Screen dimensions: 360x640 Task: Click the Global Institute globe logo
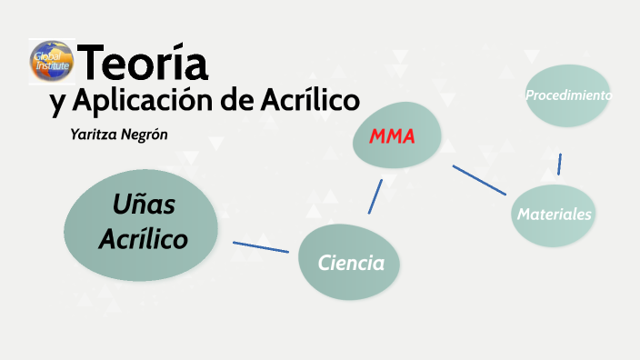51,61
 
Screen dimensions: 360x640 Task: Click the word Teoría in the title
145,63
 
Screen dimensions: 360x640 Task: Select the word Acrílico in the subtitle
311,100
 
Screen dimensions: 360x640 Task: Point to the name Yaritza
94,135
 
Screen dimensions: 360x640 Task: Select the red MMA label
392,137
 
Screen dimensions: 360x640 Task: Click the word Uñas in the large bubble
144,206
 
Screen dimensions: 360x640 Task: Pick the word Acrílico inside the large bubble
143,240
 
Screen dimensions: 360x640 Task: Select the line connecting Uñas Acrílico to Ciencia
261,246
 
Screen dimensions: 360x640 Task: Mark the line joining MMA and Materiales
479,179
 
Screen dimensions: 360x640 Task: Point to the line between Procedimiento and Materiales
559,165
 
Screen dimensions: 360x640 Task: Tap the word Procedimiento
568,95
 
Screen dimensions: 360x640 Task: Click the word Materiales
555,215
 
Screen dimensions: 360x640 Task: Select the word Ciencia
351,264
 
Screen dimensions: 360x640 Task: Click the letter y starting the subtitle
56,103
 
